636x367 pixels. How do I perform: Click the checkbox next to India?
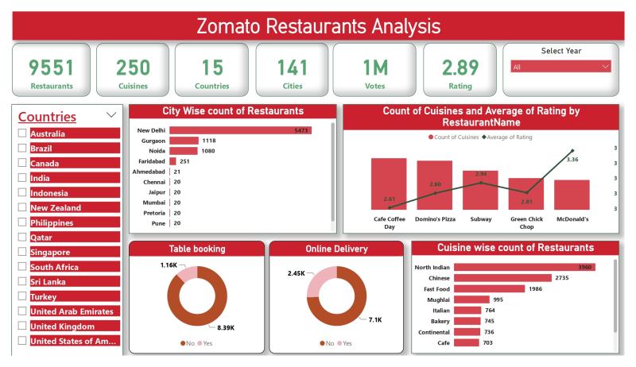point(22,178)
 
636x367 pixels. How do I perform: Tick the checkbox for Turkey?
point(22,296)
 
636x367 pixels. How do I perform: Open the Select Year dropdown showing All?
point(560,68)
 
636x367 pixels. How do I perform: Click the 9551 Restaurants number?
point(51,67)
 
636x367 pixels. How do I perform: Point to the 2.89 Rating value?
point(460,67)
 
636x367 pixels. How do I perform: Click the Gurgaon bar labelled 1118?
point(184,141)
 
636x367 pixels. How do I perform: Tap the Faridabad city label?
point(151,161)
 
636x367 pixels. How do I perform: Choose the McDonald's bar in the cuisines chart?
point(572,195)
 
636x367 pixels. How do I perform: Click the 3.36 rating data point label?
point(572,160)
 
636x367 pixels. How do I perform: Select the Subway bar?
point(480,191)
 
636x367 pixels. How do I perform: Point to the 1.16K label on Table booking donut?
point(169,265)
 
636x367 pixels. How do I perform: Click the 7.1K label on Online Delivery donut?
point(375,319)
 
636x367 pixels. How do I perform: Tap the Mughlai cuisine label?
point(436,299)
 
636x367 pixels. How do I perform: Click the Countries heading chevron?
point(111,115)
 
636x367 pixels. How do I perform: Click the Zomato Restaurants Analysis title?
point(318,26)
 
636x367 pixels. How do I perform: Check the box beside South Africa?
point(22,267)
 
